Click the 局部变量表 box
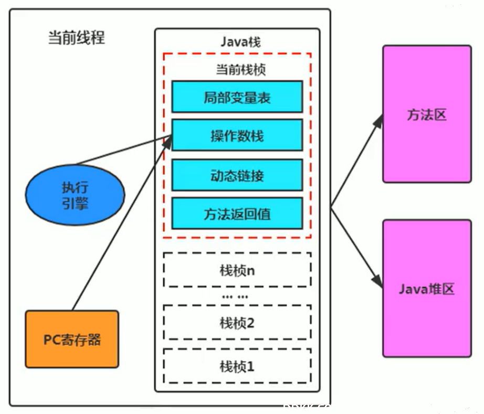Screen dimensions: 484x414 coord(237,97)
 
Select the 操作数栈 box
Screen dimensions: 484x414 coord(237,135)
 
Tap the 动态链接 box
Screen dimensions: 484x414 coord(237,175)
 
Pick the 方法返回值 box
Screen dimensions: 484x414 coord(237,214)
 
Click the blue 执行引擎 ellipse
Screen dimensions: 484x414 coord(75,195)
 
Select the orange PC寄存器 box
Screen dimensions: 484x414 coord(72,339)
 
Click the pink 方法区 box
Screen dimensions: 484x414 coord(427,114)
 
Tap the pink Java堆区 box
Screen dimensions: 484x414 coord(427,289)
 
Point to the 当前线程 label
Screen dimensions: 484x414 coord(77,38)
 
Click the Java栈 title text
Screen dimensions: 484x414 coord(240,41)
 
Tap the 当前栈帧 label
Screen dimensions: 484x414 coord(241,69)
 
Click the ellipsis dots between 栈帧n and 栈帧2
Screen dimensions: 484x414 coord(235,297)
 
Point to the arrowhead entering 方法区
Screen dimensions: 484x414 coord(378,121)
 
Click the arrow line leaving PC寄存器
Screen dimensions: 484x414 coord(122,224)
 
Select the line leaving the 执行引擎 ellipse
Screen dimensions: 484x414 coord(123,150)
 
